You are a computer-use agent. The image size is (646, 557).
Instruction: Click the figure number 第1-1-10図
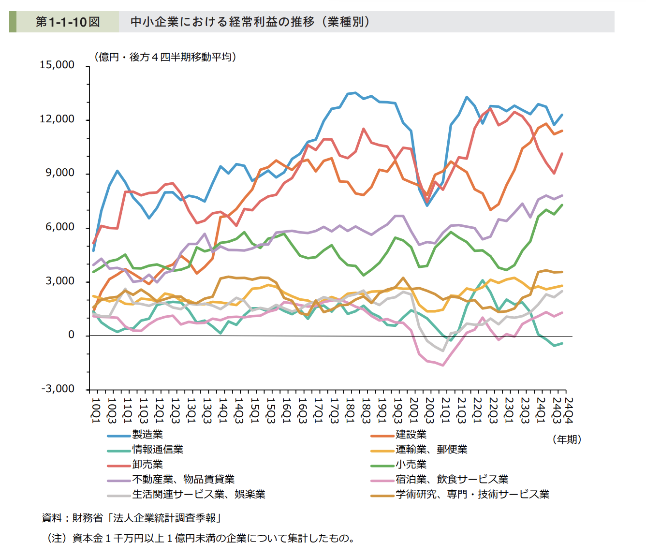tap(67, 22)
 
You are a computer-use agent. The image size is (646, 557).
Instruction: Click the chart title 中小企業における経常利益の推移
tap(222, 22)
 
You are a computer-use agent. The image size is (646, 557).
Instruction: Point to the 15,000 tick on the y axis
tap(57, 65)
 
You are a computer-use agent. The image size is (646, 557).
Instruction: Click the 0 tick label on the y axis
tap(71, 335)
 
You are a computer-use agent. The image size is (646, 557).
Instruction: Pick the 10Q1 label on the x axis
tap(95, 410)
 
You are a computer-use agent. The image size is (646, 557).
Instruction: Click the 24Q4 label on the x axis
tap(569, 410)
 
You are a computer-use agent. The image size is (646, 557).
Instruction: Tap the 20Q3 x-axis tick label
tap(429, 410)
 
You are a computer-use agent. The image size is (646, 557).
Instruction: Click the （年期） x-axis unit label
tap(566, 439)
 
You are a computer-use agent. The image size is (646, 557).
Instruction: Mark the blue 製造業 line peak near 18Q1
tap(354, 93)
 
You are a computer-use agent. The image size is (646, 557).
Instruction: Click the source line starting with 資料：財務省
tap(132, 518)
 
